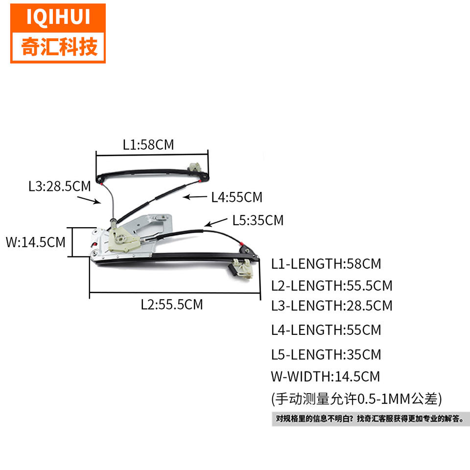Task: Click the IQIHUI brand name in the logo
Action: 58,17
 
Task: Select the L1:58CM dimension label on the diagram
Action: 148,144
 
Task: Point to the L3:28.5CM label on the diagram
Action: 59,187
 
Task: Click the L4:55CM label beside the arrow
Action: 237,197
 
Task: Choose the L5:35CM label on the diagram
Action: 258,220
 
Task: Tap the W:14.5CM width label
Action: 35,242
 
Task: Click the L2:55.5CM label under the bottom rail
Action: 172,305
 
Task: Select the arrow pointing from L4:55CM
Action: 194,197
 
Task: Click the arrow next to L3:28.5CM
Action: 90,199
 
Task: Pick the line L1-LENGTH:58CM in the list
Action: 326,264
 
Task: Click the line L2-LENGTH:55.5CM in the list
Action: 332,285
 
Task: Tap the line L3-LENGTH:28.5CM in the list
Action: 332,305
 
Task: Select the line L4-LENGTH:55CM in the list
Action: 326,329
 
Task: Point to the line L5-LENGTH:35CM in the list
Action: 326,354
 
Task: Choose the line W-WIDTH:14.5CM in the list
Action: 325,376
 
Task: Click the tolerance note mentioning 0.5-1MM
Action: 356,399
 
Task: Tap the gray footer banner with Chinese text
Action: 370,419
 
